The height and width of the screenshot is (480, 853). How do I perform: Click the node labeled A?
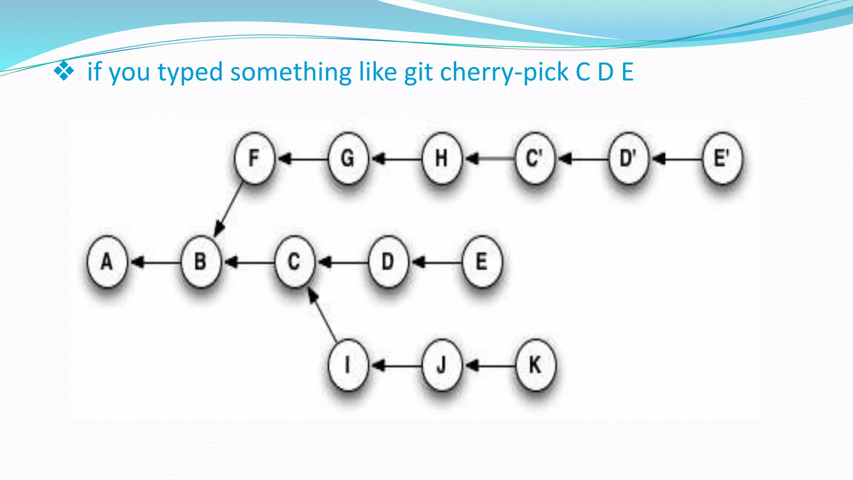coord(107,262)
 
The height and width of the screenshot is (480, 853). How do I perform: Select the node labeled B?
coord(201,262)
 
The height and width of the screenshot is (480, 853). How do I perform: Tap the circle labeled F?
coord(254,158)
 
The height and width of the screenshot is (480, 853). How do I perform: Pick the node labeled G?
coord(348,158)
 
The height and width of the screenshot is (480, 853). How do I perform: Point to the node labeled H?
coord(441,158)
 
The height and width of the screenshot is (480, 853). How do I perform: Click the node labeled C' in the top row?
coord(535,158)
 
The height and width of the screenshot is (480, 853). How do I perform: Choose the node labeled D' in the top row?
coord(629,158)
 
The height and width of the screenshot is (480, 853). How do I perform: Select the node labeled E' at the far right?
coord(722,158)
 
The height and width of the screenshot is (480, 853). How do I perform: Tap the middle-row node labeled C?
coord(294,262)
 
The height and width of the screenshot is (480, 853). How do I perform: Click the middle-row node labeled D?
coord(388,262)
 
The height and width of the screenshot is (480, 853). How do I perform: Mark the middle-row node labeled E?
coord(482,262)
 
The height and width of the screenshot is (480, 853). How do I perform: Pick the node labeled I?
coord(348,365)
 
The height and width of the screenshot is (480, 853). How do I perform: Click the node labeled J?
coord(441,365)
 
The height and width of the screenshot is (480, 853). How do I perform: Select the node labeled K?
coord(535,365)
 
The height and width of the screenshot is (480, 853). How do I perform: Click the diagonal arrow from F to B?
coord(229,208)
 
